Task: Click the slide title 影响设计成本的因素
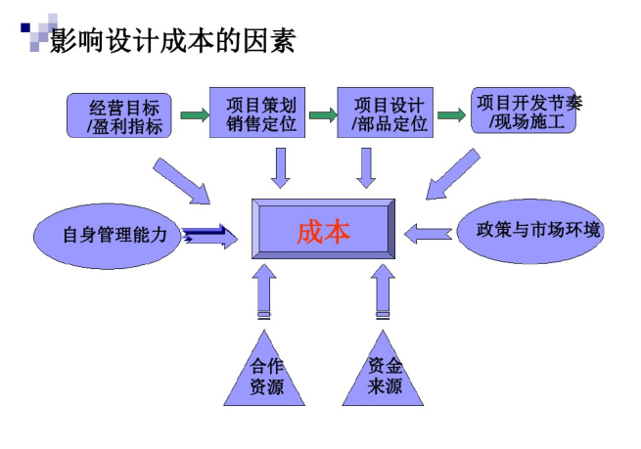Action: (x=171, y=41)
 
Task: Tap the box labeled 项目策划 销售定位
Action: (x=258, y=112)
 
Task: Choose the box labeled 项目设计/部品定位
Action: (x=385, y=112)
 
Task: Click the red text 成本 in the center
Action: (x=323, y=233)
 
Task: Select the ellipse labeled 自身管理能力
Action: (x=108, y=235)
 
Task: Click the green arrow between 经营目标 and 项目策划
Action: (x=194, y=115)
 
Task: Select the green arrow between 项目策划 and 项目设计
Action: (x=322, y=115)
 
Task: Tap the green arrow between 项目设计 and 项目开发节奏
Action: (x=450, y=115)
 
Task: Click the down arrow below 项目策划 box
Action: (x=281, y=166)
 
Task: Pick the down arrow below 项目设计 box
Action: (x=366, y=166)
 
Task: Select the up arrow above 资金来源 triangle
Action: (x=383, y=292)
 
